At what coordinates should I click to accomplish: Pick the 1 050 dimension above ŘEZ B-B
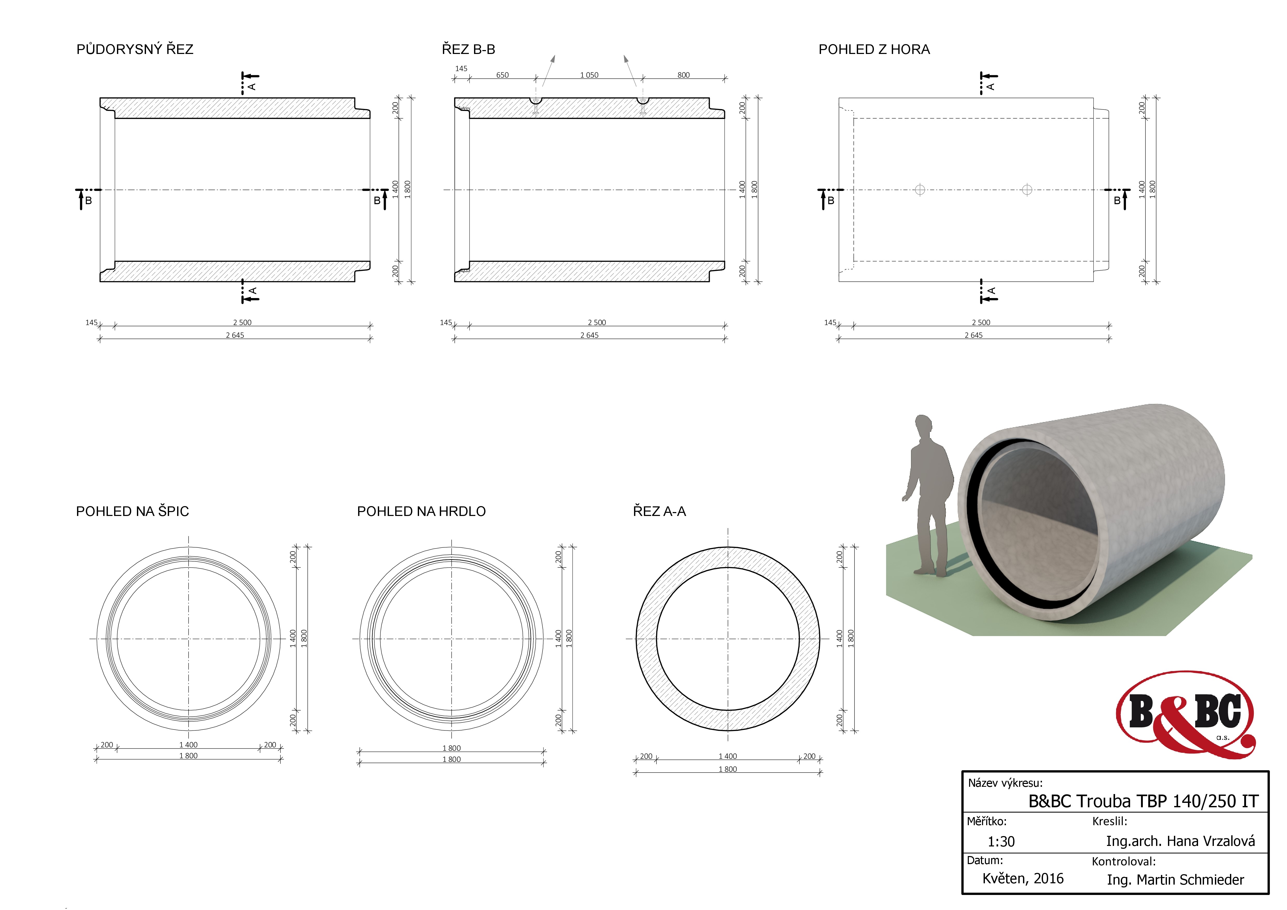pos(589,75)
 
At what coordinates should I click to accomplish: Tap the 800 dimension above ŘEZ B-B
pos(683,75)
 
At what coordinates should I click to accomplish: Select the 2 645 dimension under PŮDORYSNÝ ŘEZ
pos(235,335)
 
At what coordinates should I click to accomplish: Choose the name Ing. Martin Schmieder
pos(1175,880)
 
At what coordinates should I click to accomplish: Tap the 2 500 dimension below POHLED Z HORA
pos(981,322)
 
